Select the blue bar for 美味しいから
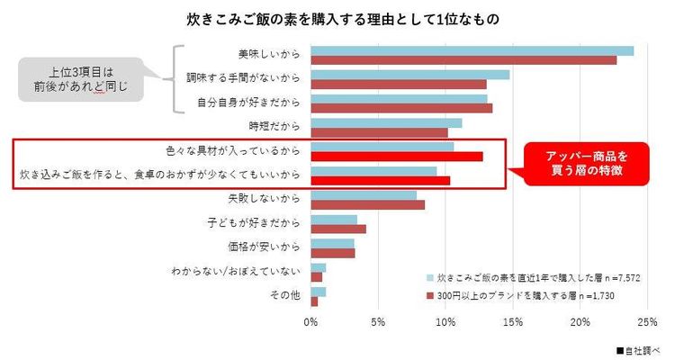coord(472,50)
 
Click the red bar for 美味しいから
coord(463,60)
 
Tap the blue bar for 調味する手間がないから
coord(410,75)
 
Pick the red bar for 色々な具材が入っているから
coord(397,157)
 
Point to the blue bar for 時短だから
coord(386,122)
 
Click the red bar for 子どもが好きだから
coord(338,229)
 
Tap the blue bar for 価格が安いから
coord(332,243)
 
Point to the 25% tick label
coord(646,320)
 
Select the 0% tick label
coord(311,320)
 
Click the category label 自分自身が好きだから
coord(248,102)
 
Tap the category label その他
coord(285,294)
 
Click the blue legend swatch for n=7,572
coord(428,277)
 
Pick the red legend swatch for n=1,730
coord(428,294)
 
